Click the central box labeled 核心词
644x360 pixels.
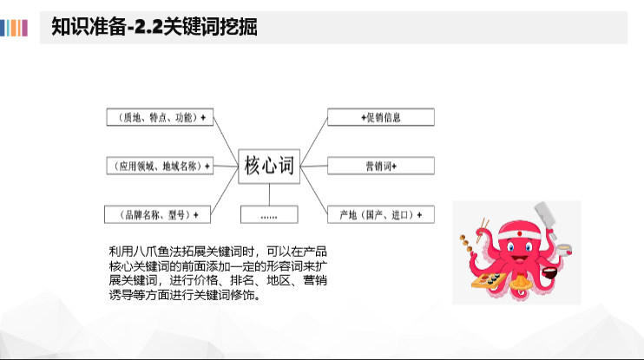(268, 165)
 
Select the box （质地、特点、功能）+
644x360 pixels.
(159, 117)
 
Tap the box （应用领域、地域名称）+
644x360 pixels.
(159, 166)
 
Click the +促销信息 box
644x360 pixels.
(380, 117)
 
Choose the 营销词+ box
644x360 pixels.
(380, 166)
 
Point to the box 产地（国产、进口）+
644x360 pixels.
(380, 213)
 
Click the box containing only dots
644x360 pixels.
(268, 213)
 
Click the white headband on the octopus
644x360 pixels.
(520, 227)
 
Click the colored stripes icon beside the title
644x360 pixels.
(15, 27)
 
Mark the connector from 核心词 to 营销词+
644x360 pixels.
(312, 166)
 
